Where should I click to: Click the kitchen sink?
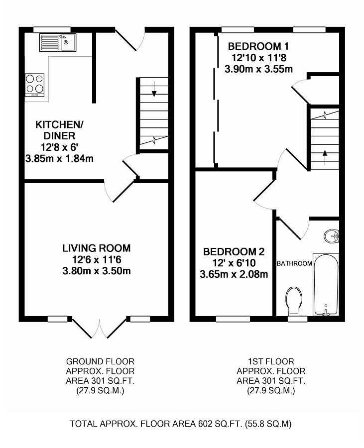58,43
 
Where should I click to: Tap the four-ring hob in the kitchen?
34,85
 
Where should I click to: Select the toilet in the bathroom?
294,300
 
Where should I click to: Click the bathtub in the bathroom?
326,284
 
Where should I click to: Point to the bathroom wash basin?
332,236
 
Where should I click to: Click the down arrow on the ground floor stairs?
154,89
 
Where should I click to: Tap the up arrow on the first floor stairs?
325,157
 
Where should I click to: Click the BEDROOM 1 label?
258,46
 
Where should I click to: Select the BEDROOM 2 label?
234,252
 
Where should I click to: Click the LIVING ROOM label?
97,248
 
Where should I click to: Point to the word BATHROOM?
294,263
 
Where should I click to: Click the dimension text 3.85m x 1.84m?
59,158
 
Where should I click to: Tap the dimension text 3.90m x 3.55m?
258,69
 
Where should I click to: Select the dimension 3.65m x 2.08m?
234,275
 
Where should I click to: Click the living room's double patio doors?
99,328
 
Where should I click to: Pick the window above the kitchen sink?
52,30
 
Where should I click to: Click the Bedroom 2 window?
233,319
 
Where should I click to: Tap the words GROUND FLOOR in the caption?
100,361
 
